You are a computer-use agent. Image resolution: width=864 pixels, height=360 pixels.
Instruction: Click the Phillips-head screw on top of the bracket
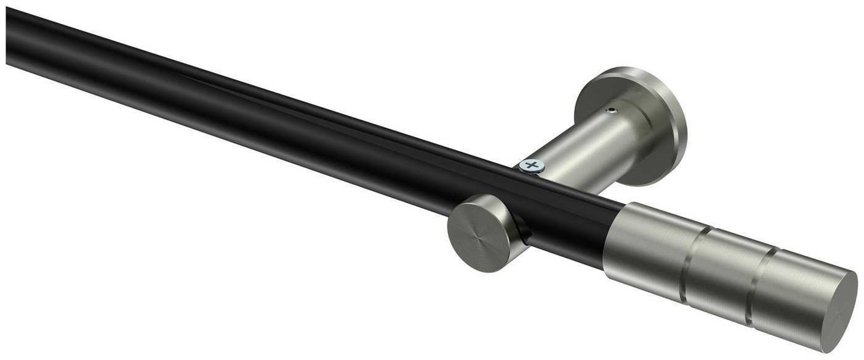click(532, 165)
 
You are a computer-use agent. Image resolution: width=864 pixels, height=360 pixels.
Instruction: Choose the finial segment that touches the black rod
click(654, 241)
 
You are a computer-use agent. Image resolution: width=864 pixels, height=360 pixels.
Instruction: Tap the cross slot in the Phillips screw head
click(532, 165)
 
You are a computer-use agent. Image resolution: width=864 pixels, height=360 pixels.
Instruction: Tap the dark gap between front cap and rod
click(521, 232)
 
